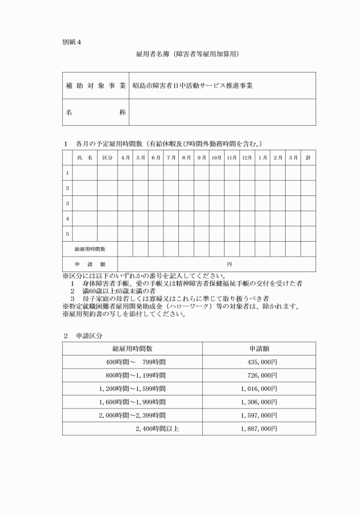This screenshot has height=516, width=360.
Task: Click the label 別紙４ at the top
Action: (72, 42)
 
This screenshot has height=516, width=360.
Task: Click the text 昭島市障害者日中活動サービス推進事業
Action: (192, 86)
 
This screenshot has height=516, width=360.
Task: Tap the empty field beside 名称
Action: (222, 112)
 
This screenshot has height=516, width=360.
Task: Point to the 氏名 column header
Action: (84, 157)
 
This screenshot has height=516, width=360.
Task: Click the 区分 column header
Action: (107, 157)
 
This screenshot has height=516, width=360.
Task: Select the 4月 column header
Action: (125, 157)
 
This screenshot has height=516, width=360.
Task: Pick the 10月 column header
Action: (217, 157)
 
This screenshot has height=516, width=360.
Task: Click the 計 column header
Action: (308, 157)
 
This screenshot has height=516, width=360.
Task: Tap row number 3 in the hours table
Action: (67, 203)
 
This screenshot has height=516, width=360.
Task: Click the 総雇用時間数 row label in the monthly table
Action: (90, 249)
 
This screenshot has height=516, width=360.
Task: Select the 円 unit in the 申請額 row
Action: (229, 265)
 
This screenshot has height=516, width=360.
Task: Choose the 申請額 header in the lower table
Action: (258, 349)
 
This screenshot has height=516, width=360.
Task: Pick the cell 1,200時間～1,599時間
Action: (132, 389)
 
